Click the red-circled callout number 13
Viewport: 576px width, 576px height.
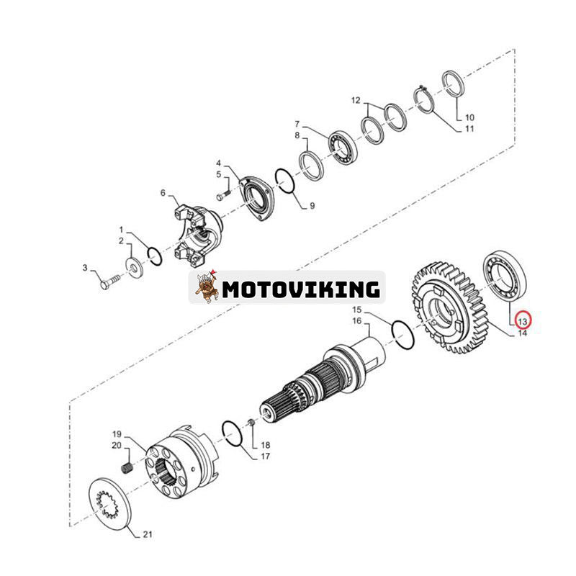tap(523, 322)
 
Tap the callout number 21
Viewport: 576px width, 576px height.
tap(148, 534)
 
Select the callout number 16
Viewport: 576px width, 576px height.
tap(356, 321)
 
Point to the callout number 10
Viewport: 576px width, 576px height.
tap(469, 117)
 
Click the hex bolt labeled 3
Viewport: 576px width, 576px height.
tap(110, 282)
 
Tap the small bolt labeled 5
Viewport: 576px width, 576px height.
tap(223, 195)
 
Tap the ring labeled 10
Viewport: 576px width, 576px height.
tap(454, 84)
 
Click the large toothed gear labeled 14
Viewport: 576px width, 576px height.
tap(449, 308)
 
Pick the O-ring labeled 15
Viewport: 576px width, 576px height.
tap(403, 335)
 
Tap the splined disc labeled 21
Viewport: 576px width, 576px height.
tap(110, 503)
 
